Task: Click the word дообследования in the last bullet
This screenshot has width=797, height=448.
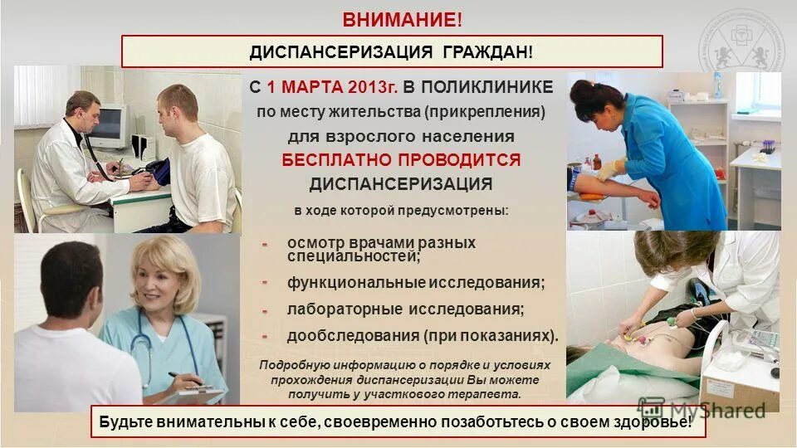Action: tap(352, 336)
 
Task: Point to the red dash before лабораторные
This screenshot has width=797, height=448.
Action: tap(264, 311)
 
